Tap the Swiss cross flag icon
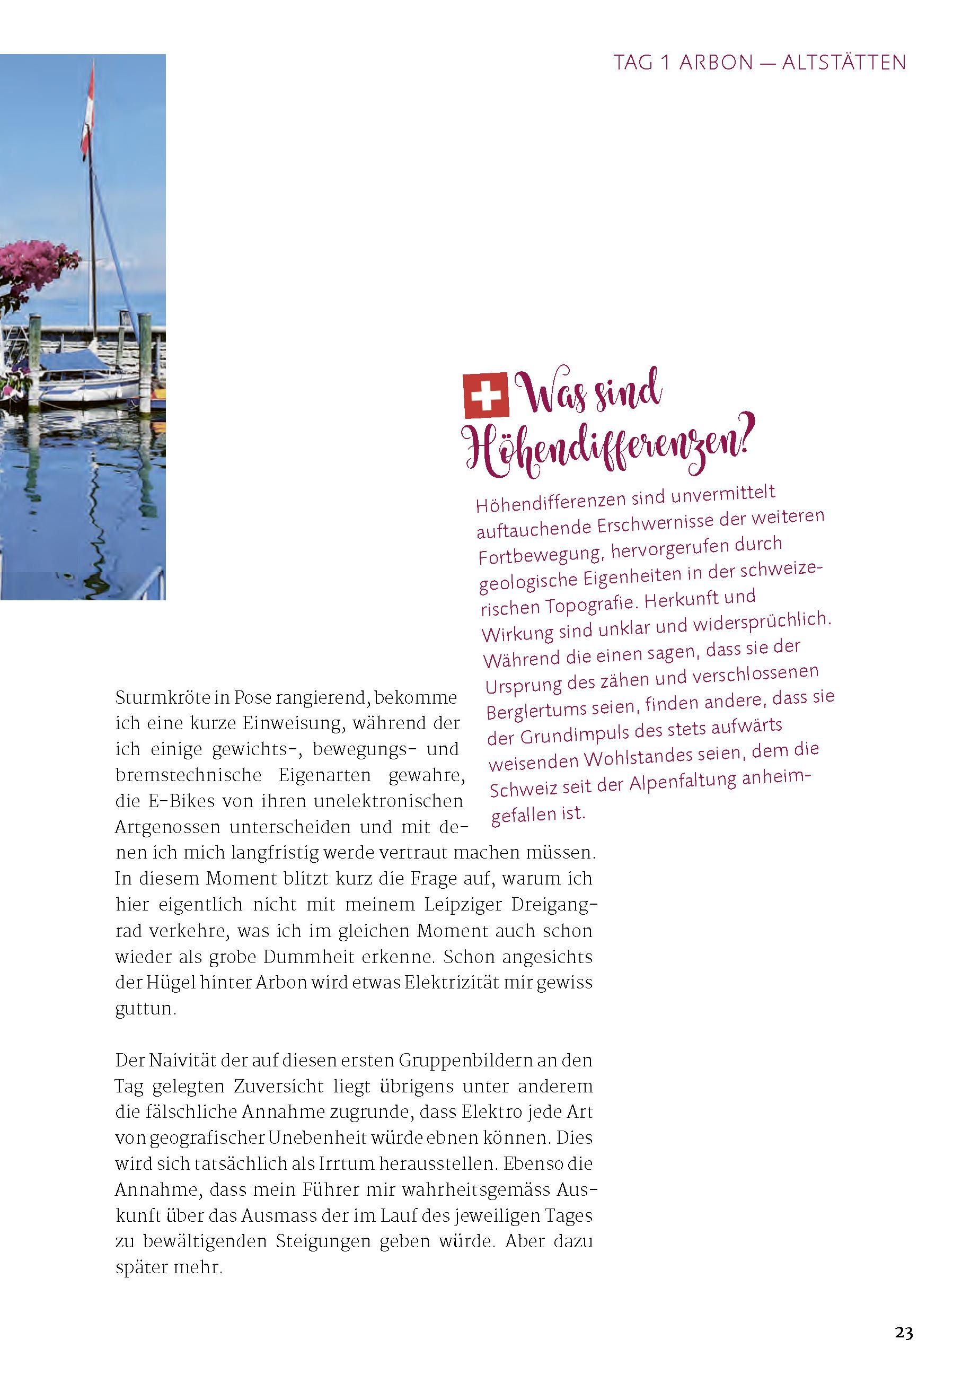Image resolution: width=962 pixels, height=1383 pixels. [x=485, y=395]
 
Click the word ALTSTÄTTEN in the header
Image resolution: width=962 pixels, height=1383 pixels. [x=843, y=63]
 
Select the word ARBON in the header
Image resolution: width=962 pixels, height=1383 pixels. [x=716, y=63]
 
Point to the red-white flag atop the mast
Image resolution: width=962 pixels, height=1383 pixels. [x=89, y=111]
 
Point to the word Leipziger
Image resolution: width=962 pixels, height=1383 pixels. [x=462, y=905]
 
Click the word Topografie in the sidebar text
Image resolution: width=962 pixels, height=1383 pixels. [x=592, y=604]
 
